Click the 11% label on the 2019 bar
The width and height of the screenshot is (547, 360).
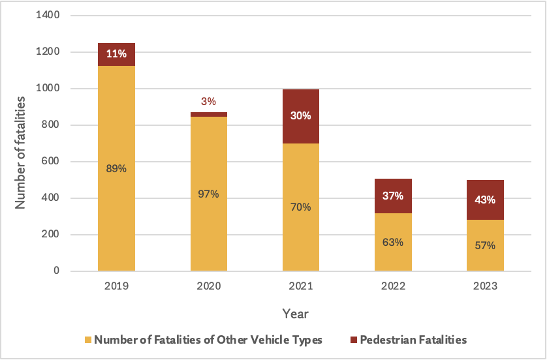(x=116, y=54)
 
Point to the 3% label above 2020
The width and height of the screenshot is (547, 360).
(x=208, y=101)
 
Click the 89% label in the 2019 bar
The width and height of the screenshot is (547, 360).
(x=116, y=168)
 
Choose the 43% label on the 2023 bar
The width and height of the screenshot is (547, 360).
(x=485, y=200)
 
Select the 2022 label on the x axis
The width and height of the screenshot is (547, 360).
(x=393, y=286)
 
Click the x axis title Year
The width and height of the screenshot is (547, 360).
(x=296, y=314)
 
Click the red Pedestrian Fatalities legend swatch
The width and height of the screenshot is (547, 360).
(x=353, y=340)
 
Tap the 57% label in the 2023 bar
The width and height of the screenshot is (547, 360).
(x=485, y=246)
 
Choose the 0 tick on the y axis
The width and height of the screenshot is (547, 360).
(x=57, y=271)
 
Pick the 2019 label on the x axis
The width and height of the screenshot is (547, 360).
(x=116, y=286)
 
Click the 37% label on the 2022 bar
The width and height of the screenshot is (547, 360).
(x=393, y=196)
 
